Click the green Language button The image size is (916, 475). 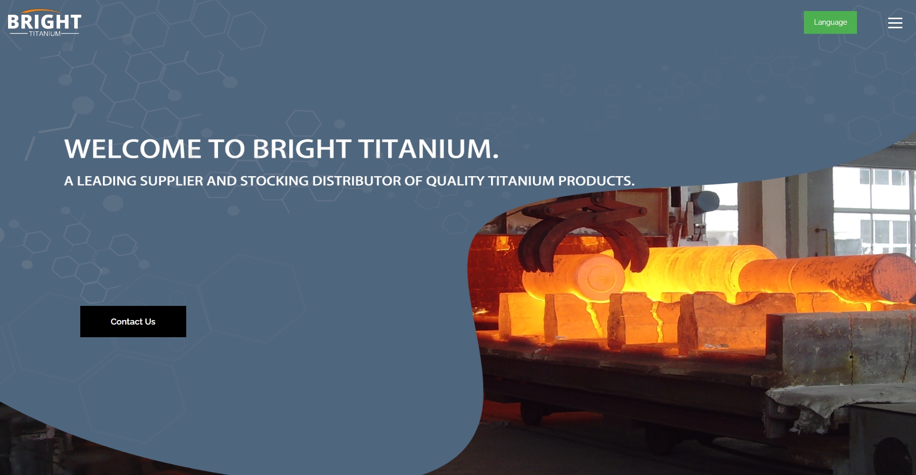[x=830, y=22]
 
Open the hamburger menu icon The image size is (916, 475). [x=895, y=23]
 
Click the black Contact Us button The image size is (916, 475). [x=133, y=322]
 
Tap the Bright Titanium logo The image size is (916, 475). [x=44, y=23]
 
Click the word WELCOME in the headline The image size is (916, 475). [x=133, y=149]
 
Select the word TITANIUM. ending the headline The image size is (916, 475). [x=428, y=149]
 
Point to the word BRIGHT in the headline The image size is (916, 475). [x=301, y=149]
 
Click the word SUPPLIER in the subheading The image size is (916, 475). [x=171, y=181]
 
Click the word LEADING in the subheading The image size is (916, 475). [x=106, y=181]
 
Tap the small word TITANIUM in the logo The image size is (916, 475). [x=45, y=34]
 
